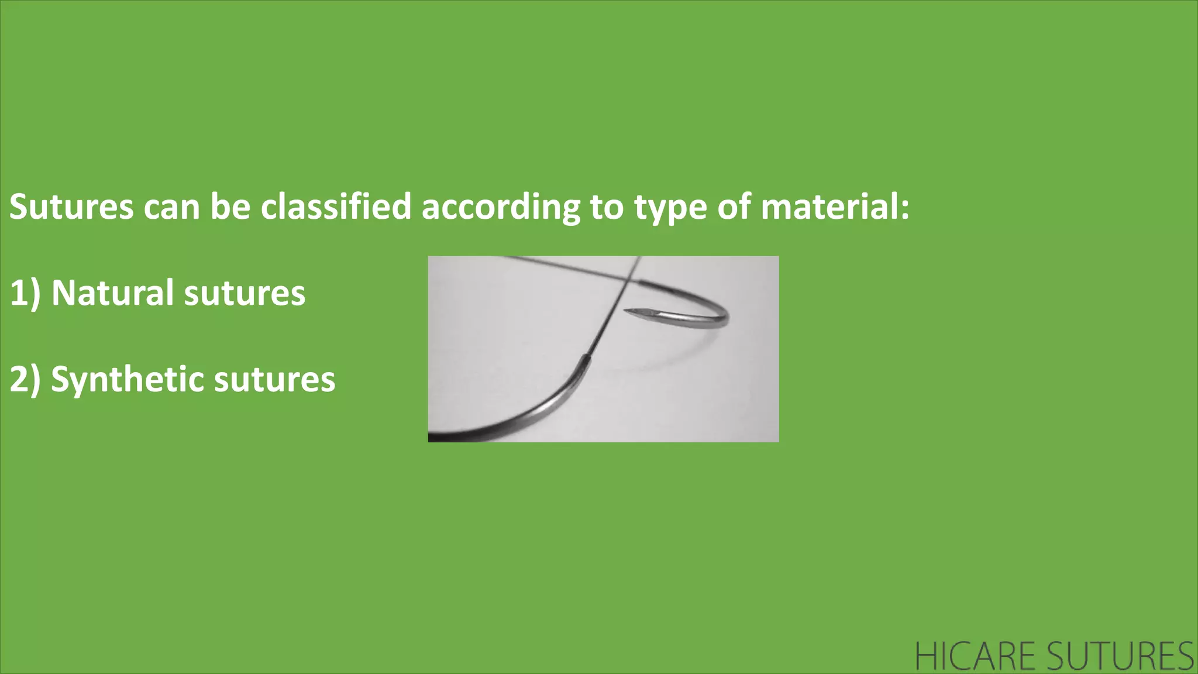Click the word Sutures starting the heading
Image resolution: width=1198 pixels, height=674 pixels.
pyautogui.click(x=71, y=207)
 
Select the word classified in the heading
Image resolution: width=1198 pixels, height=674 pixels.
pyautogui.click(x=336, y=207)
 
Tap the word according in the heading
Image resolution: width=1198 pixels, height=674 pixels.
pyautogui.click(x=501, y=208)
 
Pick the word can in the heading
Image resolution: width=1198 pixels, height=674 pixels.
pyautogui.click(x=172, y=208)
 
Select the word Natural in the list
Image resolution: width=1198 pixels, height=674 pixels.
pyautogui.click(x=113, y=293)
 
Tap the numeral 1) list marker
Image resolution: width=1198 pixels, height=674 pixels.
pyautogui.click(x=25, y=293)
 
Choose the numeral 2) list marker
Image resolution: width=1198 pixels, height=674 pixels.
pyautogui.click(x=25, y=380)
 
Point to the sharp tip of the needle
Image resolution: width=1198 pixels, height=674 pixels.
pyautogui.click(x=626, y=311)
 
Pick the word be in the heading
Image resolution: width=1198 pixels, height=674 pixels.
pyautogui.click(x=230, y=207)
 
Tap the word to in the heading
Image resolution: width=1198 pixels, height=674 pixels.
pyautogui.click(x=607, y=207)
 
